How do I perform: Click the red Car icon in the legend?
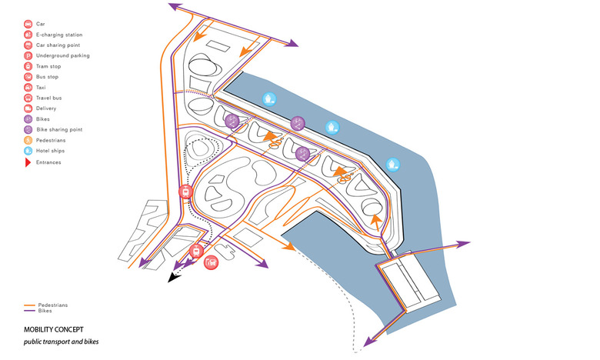(x=28, y=24)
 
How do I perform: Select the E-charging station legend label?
(x=59, y=35)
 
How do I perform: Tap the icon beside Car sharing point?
(x=28, y=45)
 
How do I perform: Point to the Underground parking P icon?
(x=28, y=56)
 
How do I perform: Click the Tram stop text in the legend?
(x=48, y=67)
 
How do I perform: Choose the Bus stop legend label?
(x=47, y=77)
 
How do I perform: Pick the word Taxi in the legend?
(x=41, y=88)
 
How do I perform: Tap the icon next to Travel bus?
(x=28, y=98)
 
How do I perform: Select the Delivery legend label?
(x=46, y=108)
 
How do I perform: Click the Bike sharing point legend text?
(x=59, y=130)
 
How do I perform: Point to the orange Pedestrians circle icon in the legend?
(x=28, y=141)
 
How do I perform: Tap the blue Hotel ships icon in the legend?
(x=28, y=151)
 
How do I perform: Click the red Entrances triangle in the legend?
(x=28, y=162)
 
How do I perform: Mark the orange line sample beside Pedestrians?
(x=29, y=305)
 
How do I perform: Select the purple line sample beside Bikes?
(x=29, y=311)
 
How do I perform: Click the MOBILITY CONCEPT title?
(x=54, y=330)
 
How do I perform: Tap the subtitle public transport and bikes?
(x=62, y=342)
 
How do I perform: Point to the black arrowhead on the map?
(x=174, y=278)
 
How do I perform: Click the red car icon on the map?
(x=211, y=262)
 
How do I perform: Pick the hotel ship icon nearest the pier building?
(x=392, y=165)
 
